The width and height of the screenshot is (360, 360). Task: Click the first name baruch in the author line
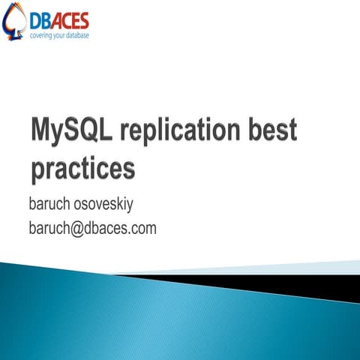click(52, 204)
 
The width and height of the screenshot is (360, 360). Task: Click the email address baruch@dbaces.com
click(92, 228)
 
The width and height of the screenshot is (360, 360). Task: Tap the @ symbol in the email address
click(80, 228)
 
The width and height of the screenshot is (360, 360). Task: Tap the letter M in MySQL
click(42, 133)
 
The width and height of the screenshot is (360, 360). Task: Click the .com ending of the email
click(142, 228)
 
